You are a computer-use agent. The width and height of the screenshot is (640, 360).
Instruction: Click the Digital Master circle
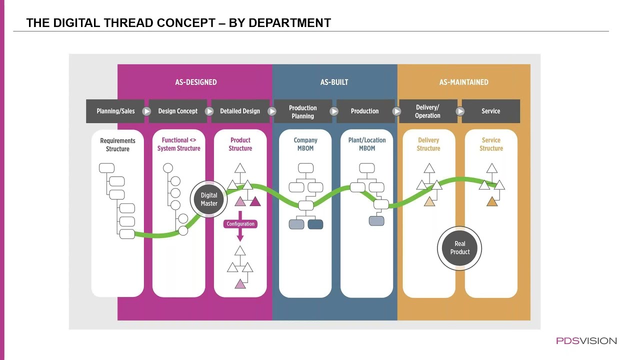[x=209, y=199]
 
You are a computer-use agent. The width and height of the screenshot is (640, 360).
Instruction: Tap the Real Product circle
[x=459, y=248]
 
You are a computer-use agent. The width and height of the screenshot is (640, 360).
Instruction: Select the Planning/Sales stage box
[x=115, y=111]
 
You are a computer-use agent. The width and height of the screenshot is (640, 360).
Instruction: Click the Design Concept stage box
[x=177, y=111]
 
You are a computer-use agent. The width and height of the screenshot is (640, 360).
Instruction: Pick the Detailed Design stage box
[x=240, y=111]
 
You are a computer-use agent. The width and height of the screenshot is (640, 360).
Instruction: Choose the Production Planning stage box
[x=303, y=111]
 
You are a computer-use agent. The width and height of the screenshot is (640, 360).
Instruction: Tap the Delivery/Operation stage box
[x=428, y=111]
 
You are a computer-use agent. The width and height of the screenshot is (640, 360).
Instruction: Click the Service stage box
[x=491, y=111]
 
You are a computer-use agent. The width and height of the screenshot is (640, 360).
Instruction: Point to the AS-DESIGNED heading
[x=196, y=82]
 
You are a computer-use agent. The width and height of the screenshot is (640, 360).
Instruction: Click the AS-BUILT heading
[x=334, y=82]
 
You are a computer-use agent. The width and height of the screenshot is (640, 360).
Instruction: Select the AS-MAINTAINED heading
[x=463, y=82]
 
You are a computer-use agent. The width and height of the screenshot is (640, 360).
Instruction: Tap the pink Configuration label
[x=240, y=224]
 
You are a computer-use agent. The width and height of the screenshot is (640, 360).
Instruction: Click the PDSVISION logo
[x=586, y=341]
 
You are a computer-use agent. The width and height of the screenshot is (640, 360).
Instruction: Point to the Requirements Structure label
[x=117, y=145]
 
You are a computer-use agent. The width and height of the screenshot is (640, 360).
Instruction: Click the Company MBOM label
[x=305, y=144]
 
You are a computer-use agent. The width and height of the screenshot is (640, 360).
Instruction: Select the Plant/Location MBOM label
[x=367, y=144]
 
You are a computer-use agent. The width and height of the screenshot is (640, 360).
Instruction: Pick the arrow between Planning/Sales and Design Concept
[x=146, y=111]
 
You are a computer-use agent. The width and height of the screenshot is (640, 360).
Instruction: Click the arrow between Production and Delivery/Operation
[x=396, y=111]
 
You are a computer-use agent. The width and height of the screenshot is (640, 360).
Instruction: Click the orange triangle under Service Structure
[x=491, y=202]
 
